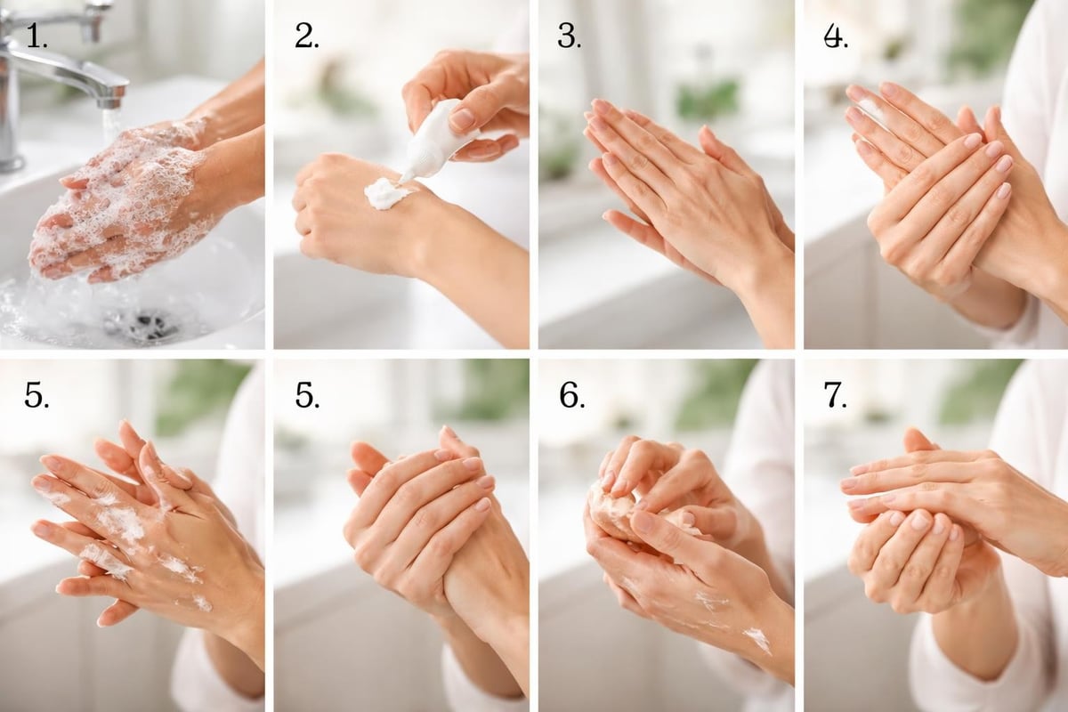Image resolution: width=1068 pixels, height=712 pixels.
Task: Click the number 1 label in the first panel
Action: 36,35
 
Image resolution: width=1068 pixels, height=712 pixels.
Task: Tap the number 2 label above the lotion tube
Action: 307,35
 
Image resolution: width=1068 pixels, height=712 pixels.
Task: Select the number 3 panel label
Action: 569,35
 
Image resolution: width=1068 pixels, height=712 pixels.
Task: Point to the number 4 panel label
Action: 835,35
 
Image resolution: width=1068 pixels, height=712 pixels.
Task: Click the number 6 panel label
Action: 571,395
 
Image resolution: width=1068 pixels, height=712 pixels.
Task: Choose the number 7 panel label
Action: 836,395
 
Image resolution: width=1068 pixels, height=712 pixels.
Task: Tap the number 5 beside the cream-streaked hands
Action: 36,395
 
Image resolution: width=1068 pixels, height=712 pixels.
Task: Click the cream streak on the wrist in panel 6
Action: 756,637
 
